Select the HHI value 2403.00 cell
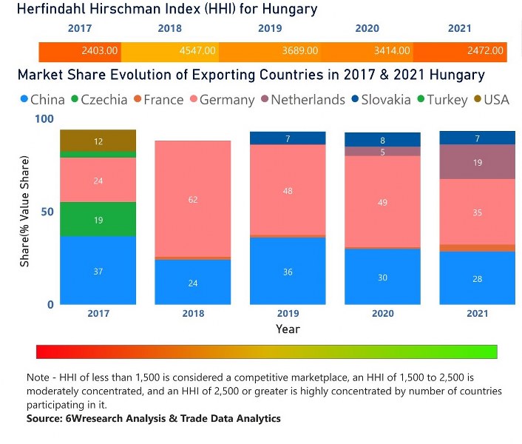point(100,51)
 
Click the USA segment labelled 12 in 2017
point(98,141)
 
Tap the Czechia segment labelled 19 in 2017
point(98,219)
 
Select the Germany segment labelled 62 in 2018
point(193,198)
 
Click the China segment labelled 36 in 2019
point(288,271)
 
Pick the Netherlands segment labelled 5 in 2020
point(382,152)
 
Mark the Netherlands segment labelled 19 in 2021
point(477,161)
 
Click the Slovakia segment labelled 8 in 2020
point(382,140)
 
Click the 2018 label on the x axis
point(193,314)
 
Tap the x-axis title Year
point(288,329)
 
